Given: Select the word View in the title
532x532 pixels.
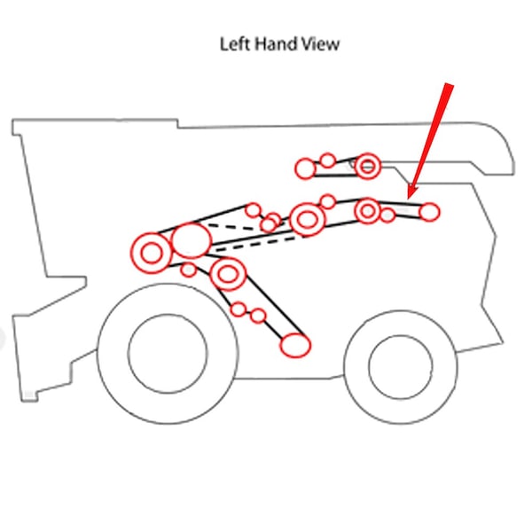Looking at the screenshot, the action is point(320,44).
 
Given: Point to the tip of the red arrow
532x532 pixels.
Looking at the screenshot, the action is point(409,199).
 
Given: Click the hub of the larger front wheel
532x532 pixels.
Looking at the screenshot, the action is point(168,354).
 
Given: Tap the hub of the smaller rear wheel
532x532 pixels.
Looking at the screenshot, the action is point(401,367).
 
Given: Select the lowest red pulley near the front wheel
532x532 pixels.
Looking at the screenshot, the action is point(295,345).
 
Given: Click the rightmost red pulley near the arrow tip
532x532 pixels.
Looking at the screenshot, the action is point(429,212).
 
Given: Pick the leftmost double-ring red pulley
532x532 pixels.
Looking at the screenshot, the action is point(152,253).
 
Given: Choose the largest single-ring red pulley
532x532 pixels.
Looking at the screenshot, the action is point(192,240).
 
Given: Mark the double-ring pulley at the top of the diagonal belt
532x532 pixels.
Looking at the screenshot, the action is point(228,274).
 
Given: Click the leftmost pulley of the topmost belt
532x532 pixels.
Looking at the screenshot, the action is point(305,168).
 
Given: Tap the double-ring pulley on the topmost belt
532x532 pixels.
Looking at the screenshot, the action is point(367,166).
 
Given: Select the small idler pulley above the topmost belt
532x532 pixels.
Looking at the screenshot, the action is point(328,160).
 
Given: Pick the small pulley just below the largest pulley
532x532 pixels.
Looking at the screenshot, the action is point(188,270).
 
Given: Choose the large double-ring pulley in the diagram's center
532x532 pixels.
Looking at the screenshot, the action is point(308,219).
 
